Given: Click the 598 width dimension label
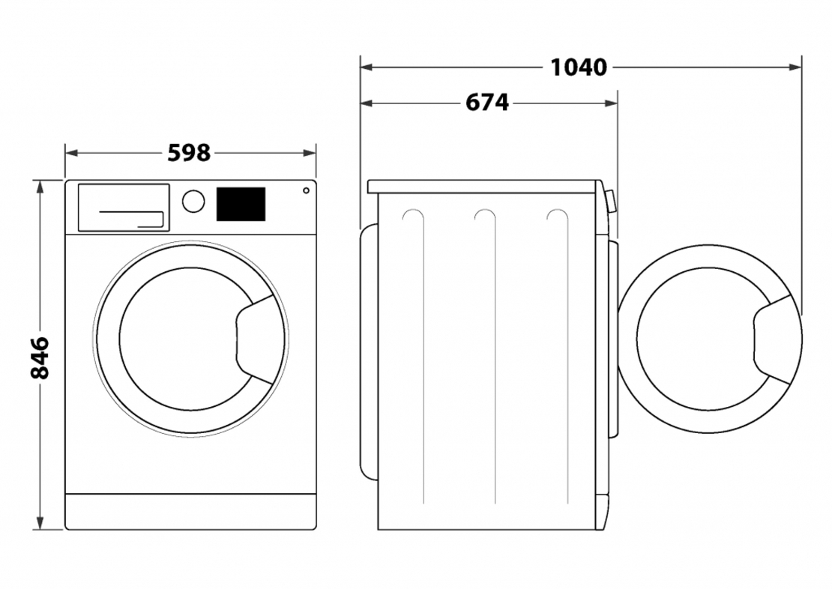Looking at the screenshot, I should click(x=189, y=153).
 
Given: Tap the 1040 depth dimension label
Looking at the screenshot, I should click(x=578, y=67).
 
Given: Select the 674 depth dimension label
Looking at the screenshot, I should click(x=487, y=103).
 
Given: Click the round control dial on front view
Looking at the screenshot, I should click(x=193, y=201).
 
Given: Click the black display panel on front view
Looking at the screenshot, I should click(x=241, y=204).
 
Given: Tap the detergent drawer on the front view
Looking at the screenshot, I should click(x=123, y=207).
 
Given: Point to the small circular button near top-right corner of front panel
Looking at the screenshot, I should click(x=306, y=191).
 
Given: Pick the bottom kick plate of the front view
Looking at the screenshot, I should click(x=190, y=511).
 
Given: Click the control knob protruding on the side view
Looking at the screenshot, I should click(x=611, y=202).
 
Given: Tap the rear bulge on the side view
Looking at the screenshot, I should click(x=367, y=352).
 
